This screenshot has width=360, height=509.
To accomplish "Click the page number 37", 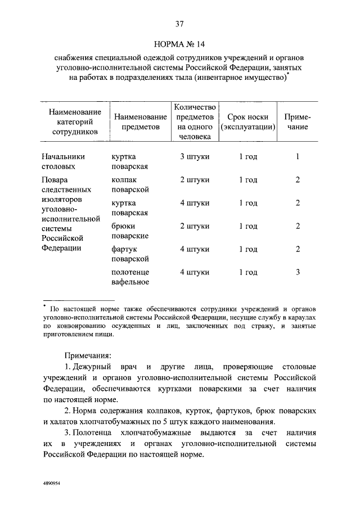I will [180, 24].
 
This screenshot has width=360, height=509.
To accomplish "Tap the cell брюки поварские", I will [129, 231].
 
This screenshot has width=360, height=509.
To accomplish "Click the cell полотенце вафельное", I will [130, 277].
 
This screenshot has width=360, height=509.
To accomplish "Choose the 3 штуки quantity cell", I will [195, 156].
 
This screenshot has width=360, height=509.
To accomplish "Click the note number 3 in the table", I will [298, 272].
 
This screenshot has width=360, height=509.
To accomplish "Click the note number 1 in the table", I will [298, 156].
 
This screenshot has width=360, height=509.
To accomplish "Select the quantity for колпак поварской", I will [195, 180].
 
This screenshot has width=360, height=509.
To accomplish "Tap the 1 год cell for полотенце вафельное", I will [248, 272].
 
